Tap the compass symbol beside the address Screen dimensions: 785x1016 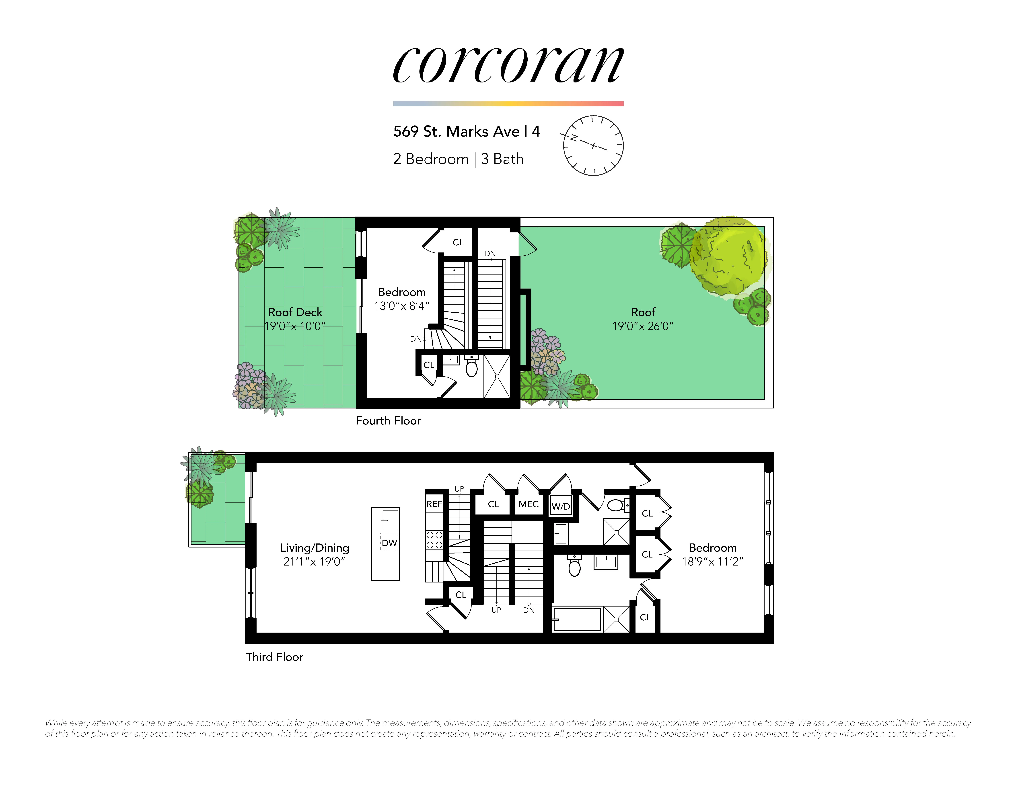pyautogui.click(x=593, y=146)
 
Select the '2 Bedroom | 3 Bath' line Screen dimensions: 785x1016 pyautogui.click(x=458, y=159)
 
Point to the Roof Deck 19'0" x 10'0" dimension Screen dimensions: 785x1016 pyautogui.click(x=295, y=326)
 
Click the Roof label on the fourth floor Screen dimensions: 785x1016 pyautogui.click(x=643, y=312)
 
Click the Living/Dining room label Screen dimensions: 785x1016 pyautogui.click(x=315, y=548)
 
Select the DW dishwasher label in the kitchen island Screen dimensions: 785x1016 pyautogui.click(x=389, y=543)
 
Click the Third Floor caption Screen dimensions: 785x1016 pyautogui.click(x=274, y=657)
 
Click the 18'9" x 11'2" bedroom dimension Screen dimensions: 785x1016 pyautogui.click(x=712, y=562)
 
